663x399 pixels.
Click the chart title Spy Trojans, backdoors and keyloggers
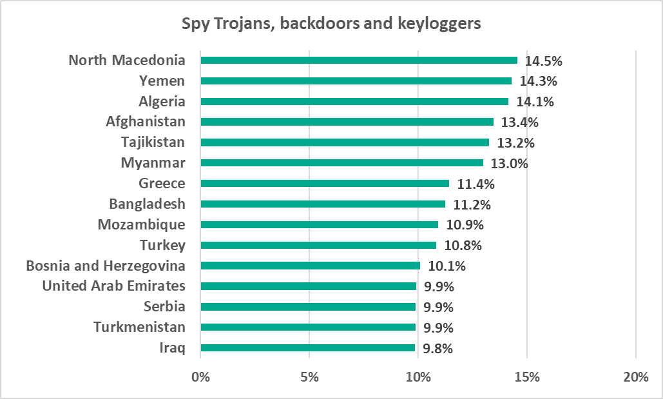point(331,24)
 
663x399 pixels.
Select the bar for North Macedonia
point(359,61)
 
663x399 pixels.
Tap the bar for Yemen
point(356,81)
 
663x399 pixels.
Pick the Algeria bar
point(354,101)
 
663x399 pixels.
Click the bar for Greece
point(325,183)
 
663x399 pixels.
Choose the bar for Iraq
point(308,348)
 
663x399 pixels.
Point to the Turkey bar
point(318,245)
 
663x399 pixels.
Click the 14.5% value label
point(544,61)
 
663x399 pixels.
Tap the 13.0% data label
point(509,163)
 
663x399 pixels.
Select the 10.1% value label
point(446,266)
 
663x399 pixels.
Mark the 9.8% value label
point(438,349)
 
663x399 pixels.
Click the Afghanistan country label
point(146,121)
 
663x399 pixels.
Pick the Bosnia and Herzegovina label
point(106,266)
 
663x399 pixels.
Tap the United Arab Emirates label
point(114,286)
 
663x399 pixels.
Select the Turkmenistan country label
point(139,327)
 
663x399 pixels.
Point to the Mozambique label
point(142,224)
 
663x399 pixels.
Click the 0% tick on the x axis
point(201,377)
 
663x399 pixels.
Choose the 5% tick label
point(310,377)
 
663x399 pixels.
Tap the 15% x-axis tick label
point(527,377)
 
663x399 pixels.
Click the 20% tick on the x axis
point(636,377)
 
